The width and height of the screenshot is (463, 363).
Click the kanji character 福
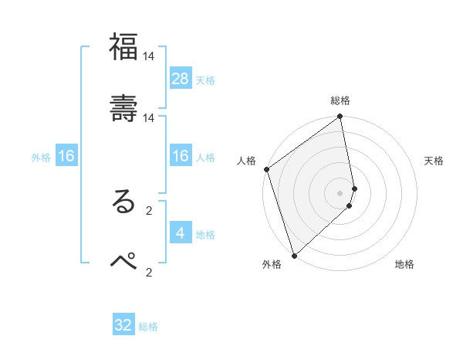[123, 48]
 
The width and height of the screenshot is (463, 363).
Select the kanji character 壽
[123, 108]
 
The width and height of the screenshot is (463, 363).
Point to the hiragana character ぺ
[123, 261]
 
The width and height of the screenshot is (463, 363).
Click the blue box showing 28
[181, 78]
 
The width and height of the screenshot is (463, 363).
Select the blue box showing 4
[181, 232]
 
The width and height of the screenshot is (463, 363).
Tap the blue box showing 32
[123, 325]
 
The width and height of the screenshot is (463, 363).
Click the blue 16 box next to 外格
[66, 156]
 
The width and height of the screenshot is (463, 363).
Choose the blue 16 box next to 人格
[181, 156]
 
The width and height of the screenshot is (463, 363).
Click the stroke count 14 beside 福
[149, 56]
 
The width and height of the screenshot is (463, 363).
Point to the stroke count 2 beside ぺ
[149, 271]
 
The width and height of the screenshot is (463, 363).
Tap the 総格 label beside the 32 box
[148, 327]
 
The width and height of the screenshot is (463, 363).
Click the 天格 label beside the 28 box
[205, 80]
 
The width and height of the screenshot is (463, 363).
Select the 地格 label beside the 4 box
[205, 234]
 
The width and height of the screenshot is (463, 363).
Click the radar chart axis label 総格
[340, 100]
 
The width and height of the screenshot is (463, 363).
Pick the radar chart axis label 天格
[434, 161]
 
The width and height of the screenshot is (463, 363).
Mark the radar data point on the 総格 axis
[340, 117]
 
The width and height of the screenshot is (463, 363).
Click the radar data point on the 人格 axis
[266, 169]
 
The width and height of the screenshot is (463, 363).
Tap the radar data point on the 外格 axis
[294, 256]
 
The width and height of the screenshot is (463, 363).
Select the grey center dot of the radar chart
[340, 193]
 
